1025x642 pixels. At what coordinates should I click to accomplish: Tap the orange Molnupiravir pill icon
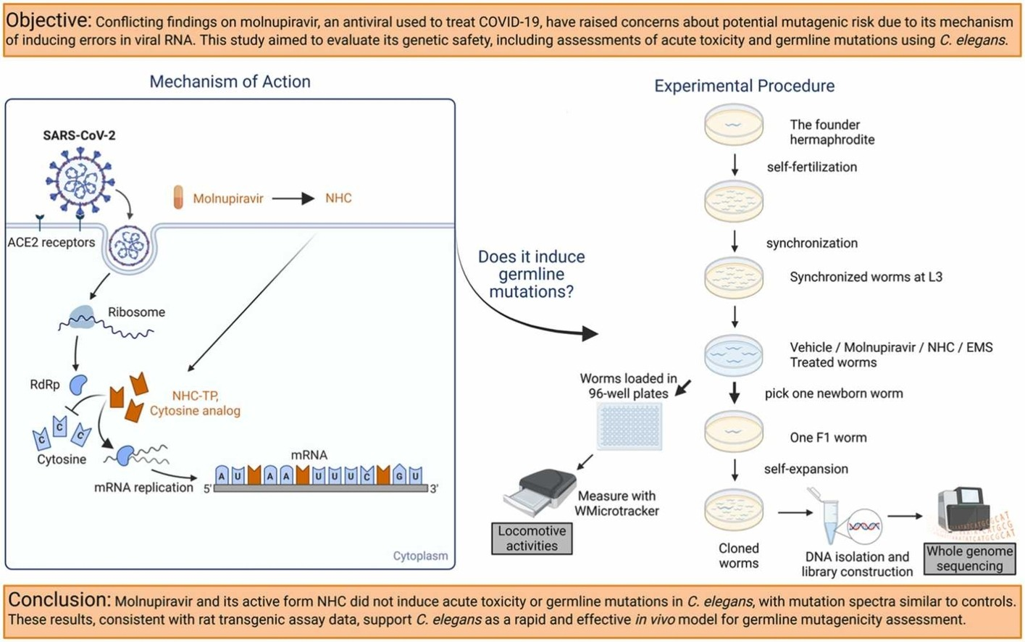tap(178, 198)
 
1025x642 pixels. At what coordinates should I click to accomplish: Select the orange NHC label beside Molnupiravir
tap(338, 199)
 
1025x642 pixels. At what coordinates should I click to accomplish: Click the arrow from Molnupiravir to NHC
tap(293, 199)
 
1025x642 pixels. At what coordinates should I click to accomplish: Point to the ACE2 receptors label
tap(51, 243)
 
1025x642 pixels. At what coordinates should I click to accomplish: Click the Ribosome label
tap(136, 312)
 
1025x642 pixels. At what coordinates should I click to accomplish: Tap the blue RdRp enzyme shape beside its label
tap(78, 385)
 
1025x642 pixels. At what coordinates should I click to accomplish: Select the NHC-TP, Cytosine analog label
tap(195, 404)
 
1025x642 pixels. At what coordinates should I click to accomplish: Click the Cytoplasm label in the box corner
tap(420, 556)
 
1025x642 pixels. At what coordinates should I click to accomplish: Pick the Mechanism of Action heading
tap(230, 82)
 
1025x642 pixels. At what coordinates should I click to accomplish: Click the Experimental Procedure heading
tap(744, 86)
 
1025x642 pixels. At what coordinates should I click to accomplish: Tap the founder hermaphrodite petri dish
tap(734, 125)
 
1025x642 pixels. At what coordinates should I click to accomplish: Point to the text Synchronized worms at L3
tap(866, 277)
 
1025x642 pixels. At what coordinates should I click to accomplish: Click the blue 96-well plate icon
tap(629, 426)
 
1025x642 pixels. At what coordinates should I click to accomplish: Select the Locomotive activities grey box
tap(532, 538)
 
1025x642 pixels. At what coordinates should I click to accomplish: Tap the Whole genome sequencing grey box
tap(969, 559)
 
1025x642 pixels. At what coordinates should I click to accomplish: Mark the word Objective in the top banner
tap(49, 20)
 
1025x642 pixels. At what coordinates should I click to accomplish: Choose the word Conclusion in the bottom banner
tap(58, 600)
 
